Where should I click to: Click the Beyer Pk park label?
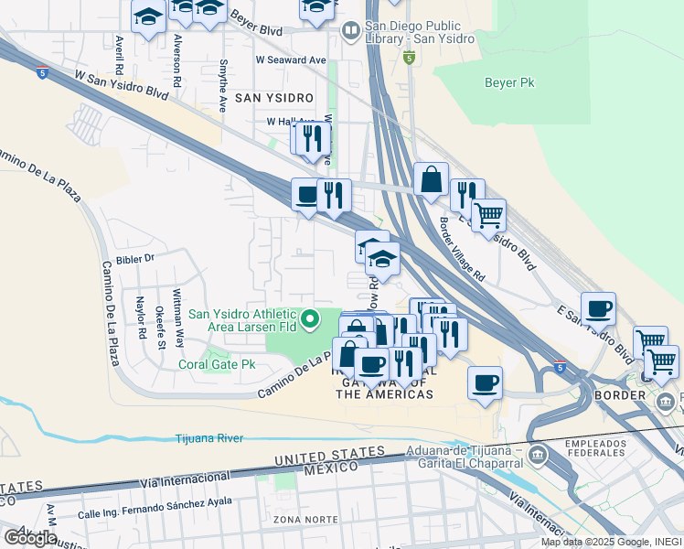[x=510, y=81]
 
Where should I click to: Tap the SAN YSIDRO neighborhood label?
[x=274, y=97]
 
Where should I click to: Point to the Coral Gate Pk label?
[x=217, y=364]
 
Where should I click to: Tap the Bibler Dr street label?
[x=137, y=259]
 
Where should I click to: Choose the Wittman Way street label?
[x=180, y=325]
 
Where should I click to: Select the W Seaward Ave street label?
[x=291, y=59]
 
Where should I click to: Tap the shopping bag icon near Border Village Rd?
[x=431, y=179]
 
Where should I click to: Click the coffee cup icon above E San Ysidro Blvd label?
[x=598, y=308]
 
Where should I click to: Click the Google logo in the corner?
[x=29, y=538]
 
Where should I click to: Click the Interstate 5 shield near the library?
[x=409, y=59]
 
